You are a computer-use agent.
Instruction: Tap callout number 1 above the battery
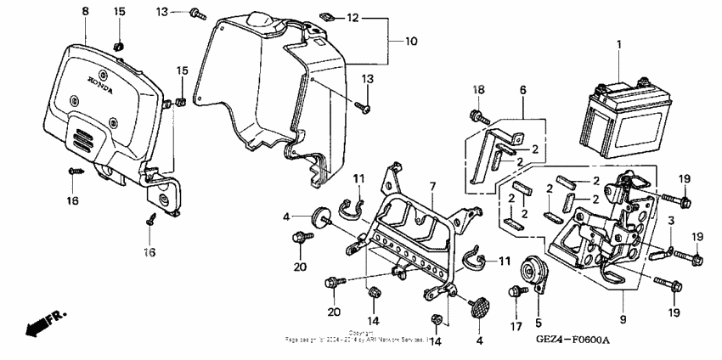coord(618,43)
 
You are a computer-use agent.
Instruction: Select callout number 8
coord(85,11)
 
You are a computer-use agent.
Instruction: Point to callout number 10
coord(410,41)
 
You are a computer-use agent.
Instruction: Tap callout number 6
coord(522,89)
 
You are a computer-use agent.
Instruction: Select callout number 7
coord(432,186)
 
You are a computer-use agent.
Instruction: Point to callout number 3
coord(669,222)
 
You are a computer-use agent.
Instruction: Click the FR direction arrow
coord(42,323)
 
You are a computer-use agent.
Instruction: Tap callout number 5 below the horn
coord(538,323)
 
